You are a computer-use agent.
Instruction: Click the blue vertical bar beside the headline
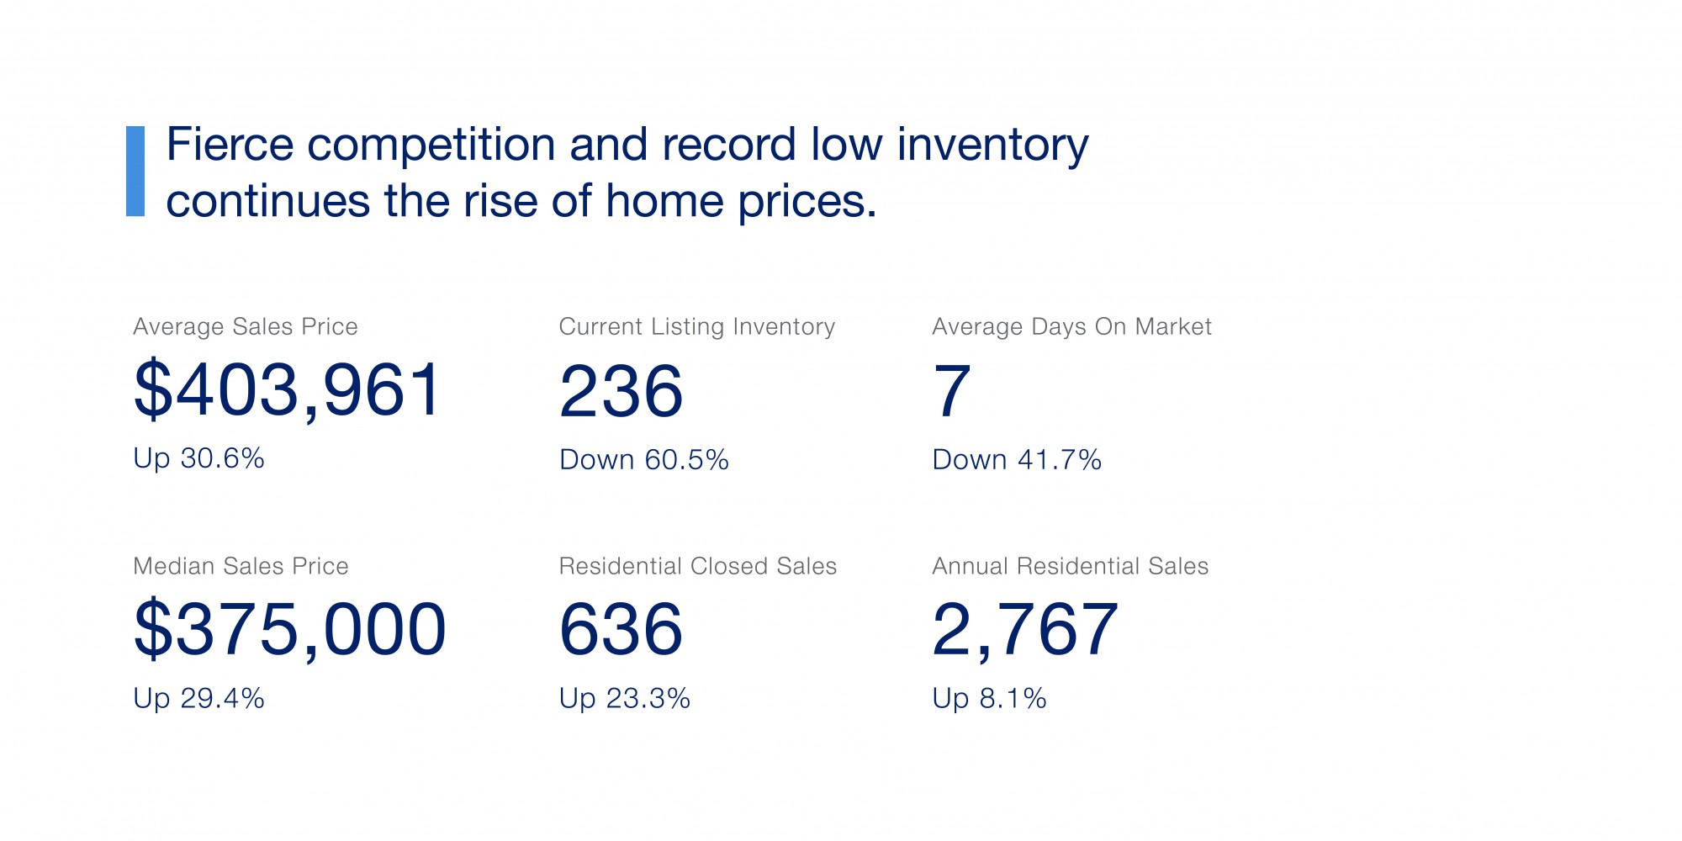pyautogui.click(x=135, y=172)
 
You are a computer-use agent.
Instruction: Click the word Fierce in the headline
pyautogui.click(x=230, y=144)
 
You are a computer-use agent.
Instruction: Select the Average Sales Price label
pyautogui.click(x=246, y=326)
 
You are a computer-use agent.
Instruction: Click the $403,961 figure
pyautogui.click(x=288, y=390)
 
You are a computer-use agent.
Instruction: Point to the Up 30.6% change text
pyautogui.click(x=198, y=458)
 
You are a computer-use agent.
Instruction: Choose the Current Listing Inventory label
pyautogui.click(x=697, y=326)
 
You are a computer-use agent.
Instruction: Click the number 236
pyautogui.click(x=621, y=391)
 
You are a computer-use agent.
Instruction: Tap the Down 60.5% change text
pyautogui.click(x=644, y=460)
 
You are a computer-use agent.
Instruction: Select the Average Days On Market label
pyautogui.click(x=1071, y=326)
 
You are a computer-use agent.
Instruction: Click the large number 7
pyautogui.click(x=952, y=391)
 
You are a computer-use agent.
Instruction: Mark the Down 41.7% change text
pyautogui.click(x=1017, y=460)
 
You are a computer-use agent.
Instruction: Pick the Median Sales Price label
pyautogui.click(x=241, y=566)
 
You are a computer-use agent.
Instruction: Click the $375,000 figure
pyautogui.click(x=290, y=629)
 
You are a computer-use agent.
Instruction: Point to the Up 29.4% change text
pyautogui.click(x=198, y=699)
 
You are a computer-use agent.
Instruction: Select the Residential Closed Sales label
pyautogui.click(x=698, y=566)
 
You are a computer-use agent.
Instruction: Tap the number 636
pyautogui.click(x=621, y=629)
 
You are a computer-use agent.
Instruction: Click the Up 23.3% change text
pyautogui.click(x=625, y=699)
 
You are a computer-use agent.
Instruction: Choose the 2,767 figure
pyautogui.click(x=1025, y=630)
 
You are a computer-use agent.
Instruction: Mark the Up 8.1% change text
pyautogui.click(x=989, y=699)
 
